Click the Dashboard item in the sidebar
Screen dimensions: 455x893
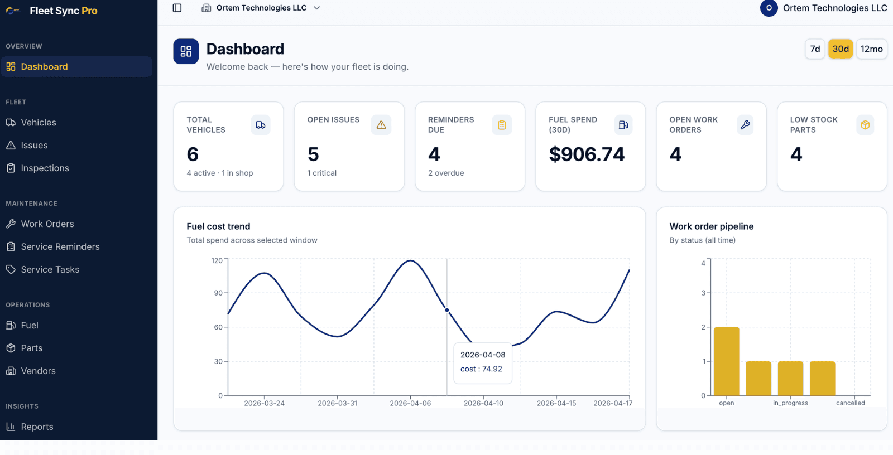[44, 67]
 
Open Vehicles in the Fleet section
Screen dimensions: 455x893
[38, 123]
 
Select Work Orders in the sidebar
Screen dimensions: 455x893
[47, 224]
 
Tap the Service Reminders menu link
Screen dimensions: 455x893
[60, 247]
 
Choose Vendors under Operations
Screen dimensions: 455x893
[38, 371]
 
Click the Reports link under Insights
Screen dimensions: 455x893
[37, 427]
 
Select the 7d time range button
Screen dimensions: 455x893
[815, 49]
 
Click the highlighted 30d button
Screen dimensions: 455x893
[840, 49]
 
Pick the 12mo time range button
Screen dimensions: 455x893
[871, 49]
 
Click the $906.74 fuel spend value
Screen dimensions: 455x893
[587, 154]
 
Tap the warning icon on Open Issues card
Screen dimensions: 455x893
[381, 125]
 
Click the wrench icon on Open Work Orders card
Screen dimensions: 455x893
[745, 125]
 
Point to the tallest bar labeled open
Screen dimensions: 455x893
[726, 361]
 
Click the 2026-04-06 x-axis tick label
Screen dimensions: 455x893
[410, 403]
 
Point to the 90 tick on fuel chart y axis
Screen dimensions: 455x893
[218, 293]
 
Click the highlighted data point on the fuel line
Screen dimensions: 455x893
[447, 310]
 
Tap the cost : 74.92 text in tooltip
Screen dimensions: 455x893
[481, 369]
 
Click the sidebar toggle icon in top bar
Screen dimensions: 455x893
[177, 8]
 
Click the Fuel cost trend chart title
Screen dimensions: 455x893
[218, 226]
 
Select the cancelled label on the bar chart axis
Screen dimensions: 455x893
[850, 403]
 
